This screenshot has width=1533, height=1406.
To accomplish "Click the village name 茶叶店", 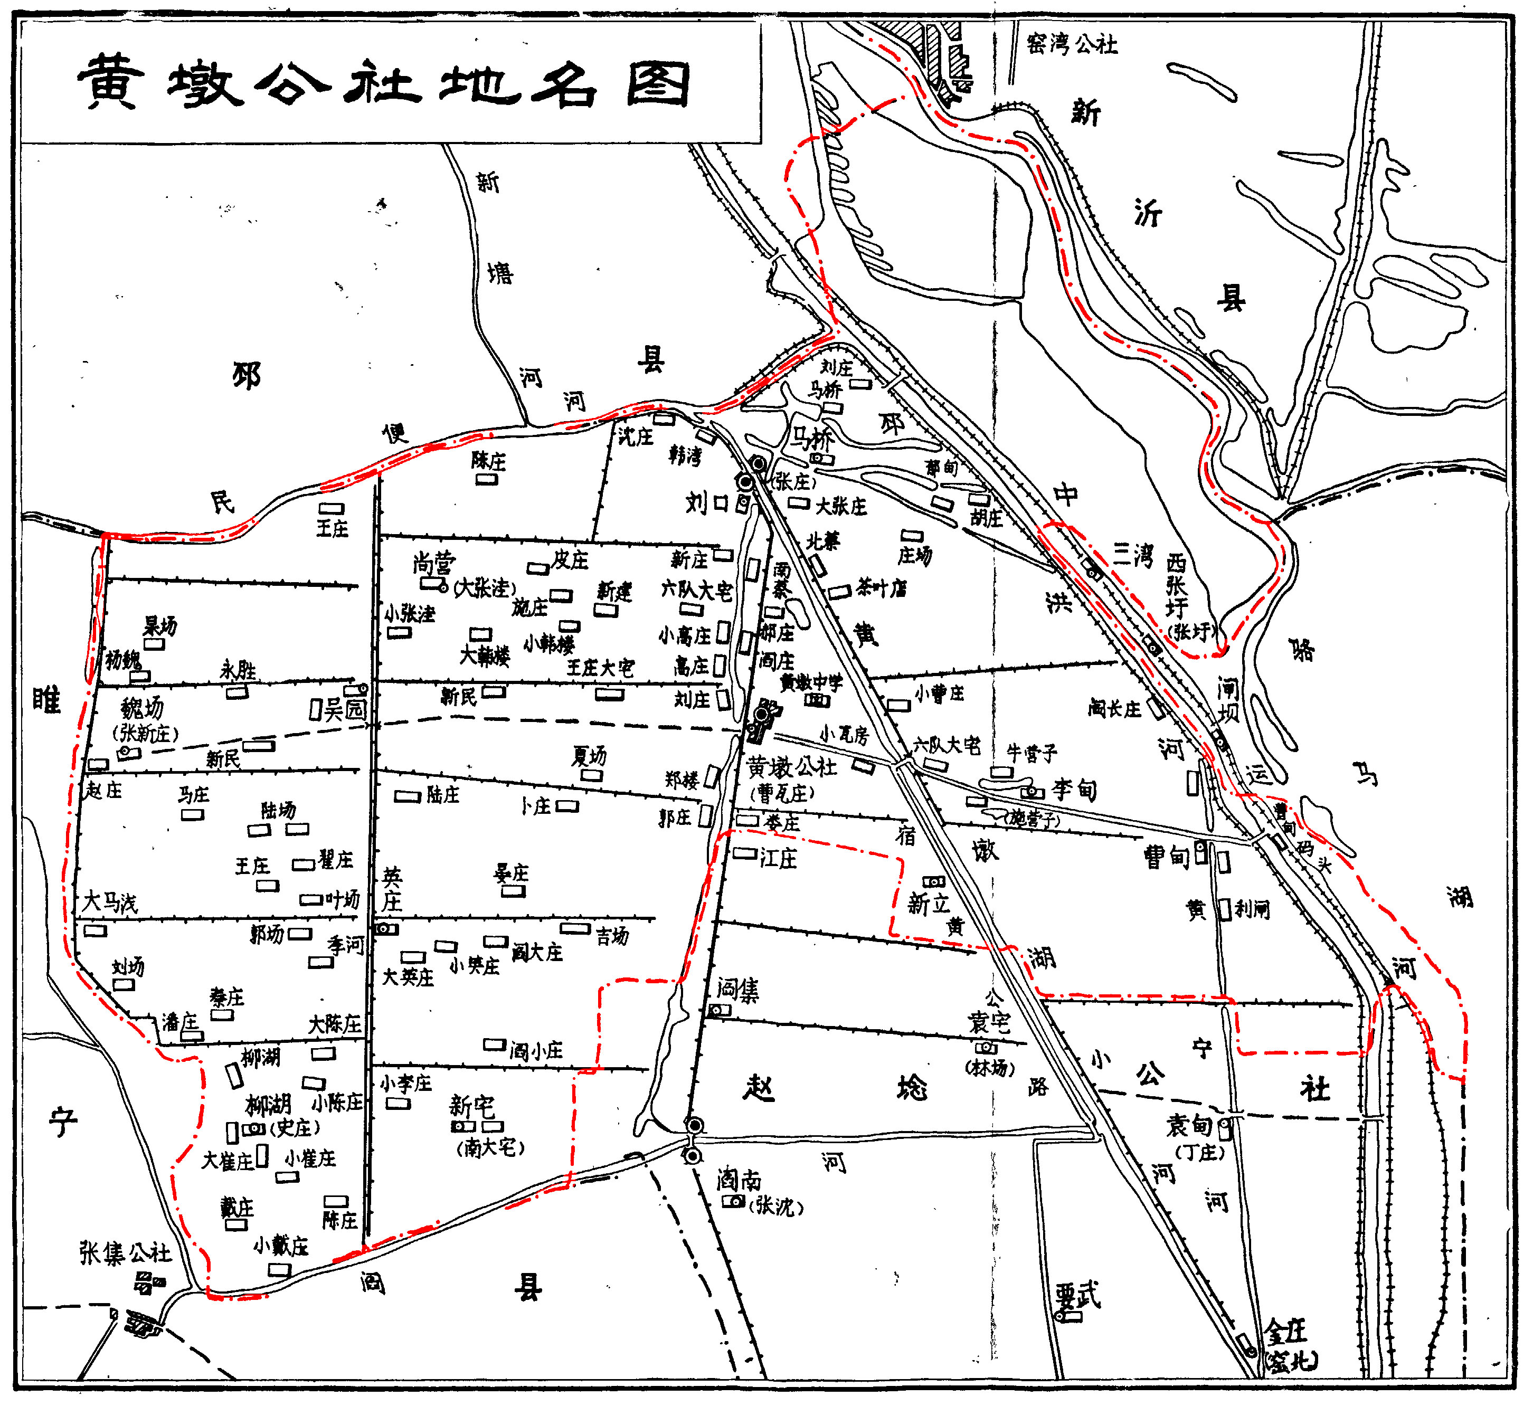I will [x=881, y=588].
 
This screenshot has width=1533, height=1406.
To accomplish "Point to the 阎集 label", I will [x=737, y=990].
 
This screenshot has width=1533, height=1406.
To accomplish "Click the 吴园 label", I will [x=345, y=710].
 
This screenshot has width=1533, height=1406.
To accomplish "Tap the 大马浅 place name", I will [x=110, y=902].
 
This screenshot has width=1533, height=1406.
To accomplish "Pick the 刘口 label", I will [x=707, y=502].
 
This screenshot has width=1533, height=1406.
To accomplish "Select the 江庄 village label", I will [x=778, y=858].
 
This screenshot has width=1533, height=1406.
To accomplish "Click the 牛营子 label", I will [x=1032, y=753].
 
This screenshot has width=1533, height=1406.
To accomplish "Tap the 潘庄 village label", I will [x=181, y=1022].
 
